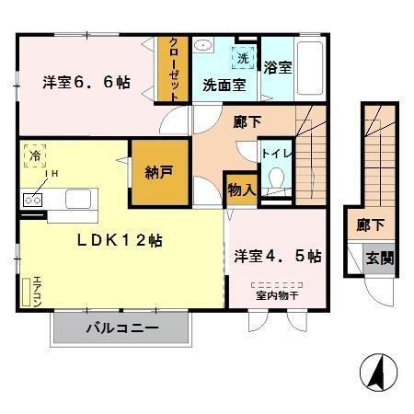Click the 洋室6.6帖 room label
pyautogui.click(x=86, y=83)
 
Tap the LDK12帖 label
pyautogui.click(x=121, y=239)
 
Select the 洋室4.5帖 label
pyautogui.click(x=277, y=256)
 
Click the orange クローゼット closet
pyautogui.click(x=171, y=69)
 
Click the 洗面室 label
pyautogui.click(x=224, y=86)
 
